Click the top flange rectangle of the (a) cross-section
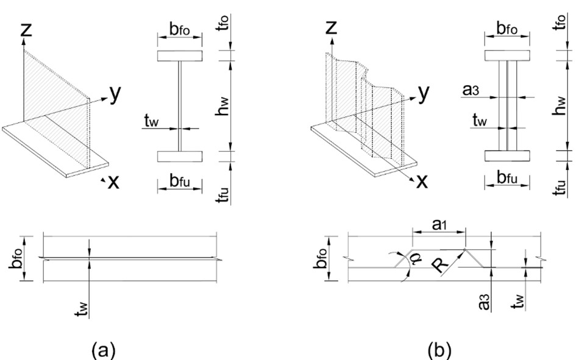(x=180, y=56)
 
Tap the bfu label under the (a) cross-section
(x=180, y=180)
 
